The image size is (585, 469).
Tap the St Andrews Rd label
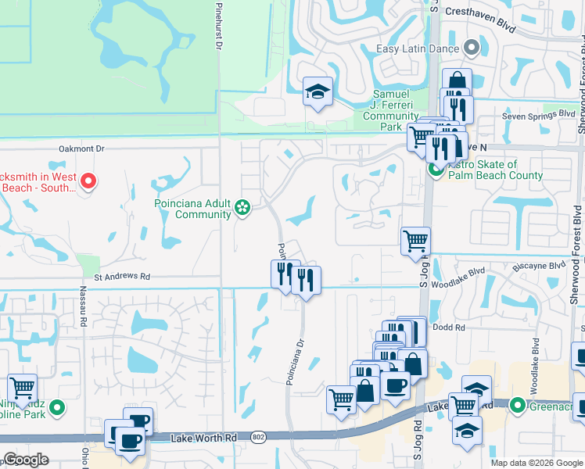click(x=122, y=276)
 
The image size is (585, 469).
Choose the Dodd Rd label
click(x=449, y=328)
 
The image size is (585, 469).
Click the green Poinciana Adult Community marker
click(x=243, y=207)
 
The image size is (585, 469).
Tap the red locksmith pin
click(x=88, y=182)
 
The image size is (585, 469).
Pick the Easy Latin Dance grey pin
click(x=471, y=48)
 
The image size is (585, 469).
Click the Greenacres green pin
click(x=516, y=405)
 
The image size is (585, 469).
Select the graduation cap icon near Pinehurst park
click(x=318, y=92)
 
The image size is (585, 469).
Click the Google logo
click(x=26, y=460)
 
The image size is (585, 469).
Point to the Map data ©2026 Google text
click(x=535, y=463)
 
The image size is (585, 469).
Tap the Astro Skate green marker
click(x=436, y=170)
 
